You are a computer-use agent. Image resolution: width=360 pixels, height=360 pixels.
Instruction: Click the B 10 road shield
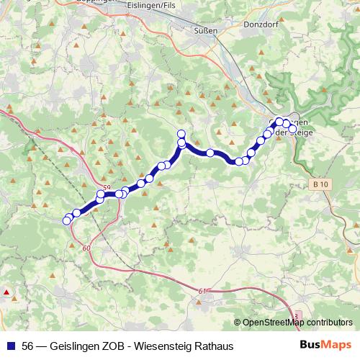321,185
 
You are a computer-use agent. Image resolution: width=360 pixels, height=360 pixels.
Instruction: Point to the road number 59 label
107,188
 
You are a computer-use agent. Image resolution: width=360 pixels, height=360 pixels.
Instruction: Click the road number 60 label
87,248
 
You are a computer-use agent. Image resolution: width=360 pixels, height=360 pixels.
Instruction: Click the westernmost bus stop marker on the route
67,220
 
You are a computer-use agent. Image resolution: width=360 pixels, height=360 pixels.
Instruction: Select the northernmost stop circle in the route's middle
181,133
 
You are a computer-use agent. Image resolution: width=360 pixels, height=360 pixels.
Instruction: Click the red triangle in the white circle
6,292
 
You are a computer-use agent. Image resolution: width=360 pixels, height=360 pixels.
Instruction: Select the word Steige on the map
297,132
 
